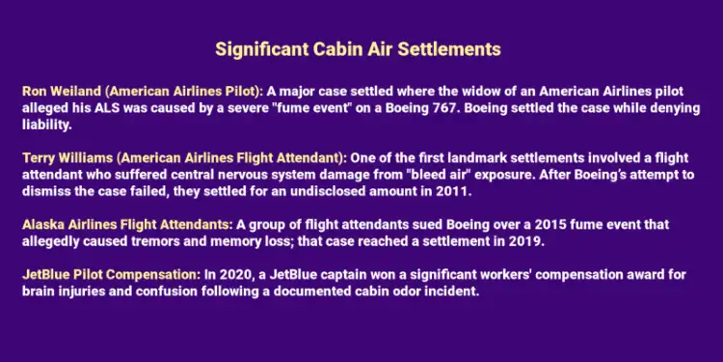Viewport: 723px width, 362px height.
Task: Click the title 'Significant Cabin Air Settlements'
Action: pos(358,47)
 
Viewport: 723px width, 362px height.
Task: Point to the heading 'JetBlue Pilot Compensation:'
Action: pos(110,275)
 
